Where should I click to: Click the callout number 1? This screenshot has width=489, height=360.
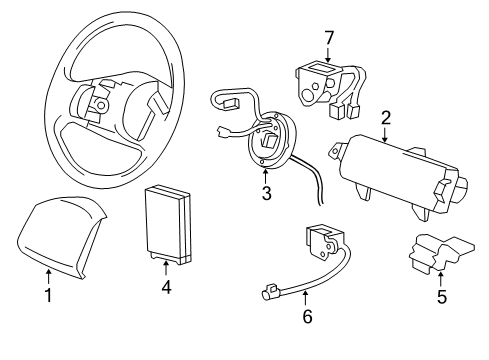tap(49, 295)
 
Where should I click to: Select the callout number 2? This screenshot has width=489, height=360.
tap(386, 118)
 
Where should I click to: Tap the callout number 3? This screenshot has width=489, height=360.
tap(266, 193)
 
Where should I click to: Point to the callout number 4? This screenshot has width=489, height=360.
tap(166, 287)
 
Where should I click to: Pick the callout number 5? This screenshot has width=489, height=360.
tap(442, 297)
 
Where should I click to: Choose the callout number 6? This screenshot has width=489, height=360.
tap(307, 316)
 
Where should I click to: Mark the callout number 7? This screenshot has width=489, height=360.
tap(329, 38)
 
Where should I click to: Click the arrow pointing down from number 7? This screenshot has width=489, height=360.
tap(328, 55)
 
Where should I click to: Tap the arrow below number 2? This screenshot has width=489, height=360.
tap(385, 135)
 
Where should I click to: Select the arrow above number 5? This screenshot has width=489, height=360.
tap(441, 279)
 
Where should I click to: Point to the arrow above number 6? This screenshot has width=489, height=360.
tap(305, 298)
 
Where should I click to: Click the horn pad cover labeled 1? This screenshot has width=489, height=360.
tap(61, 236)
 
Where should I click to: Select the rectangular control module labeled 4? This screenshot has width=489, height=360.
tap(168, 226)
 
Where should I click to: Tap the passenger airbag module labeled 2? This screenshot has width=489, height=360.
tap(400, 176)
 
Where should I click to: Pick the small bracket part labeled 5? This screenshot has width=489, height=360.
tap(442, 252)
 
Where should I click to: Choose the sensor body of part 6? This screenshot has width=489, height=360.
tap(324, 243)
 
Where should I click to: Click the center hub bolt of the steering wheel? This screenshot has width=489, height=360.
tap(101, 106)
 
